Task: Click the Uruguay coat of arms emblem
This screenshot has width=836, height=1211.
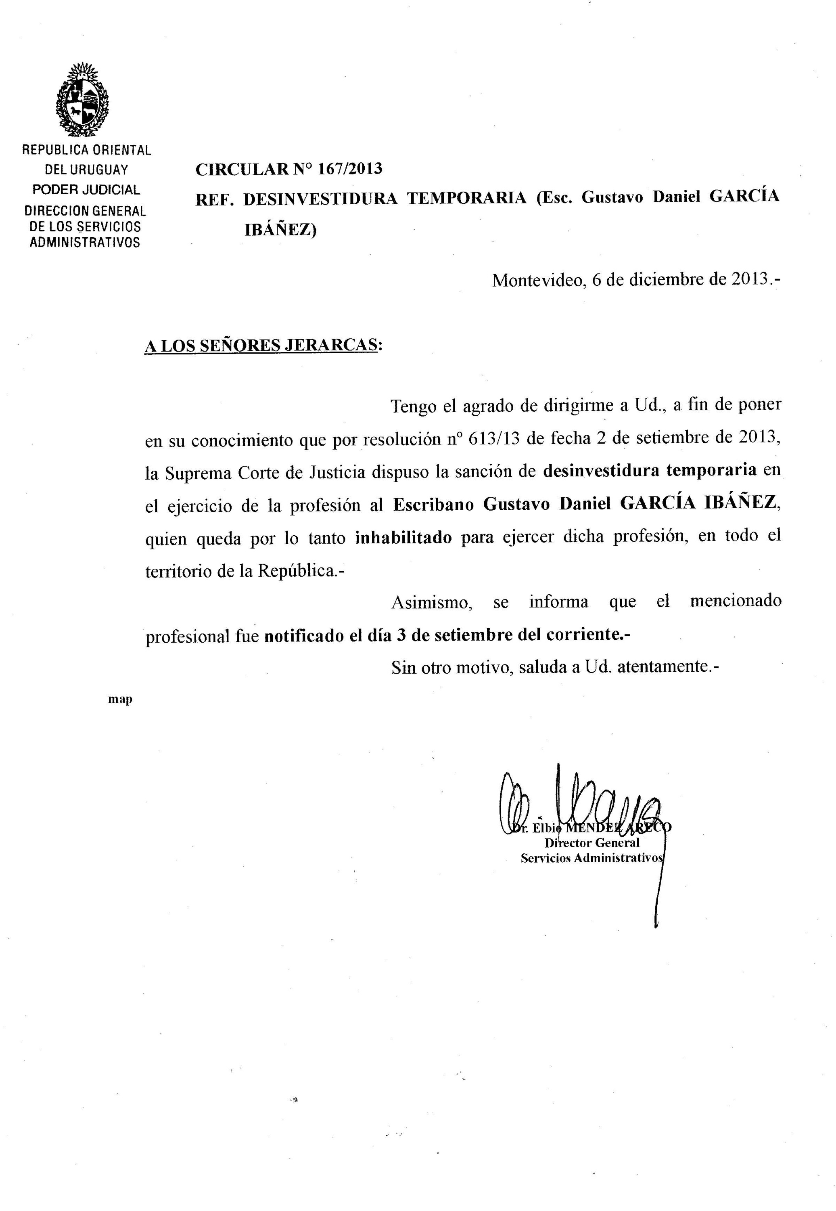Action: click(x=82, y=100)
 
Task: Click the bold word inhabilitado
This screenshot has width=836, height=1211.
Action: click(x=403, y=538)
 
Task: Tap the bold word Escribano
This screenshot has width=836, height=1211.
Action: click(x=433, y=504)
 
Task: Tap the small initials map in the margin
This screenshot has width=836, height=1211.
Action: click(x=120, y=699)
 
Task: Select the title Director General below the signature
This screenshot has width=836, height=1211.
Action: click(x=592, y=842)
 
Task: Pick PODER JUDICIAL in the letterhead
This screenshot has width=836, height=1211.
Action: click(x=86, y=190)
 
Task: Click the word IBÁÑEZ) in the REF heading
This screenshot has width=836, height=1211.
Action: click(x=280, y=230)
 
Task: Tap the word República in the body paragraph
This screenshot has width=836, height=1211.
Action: click(x=295, y=571)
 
